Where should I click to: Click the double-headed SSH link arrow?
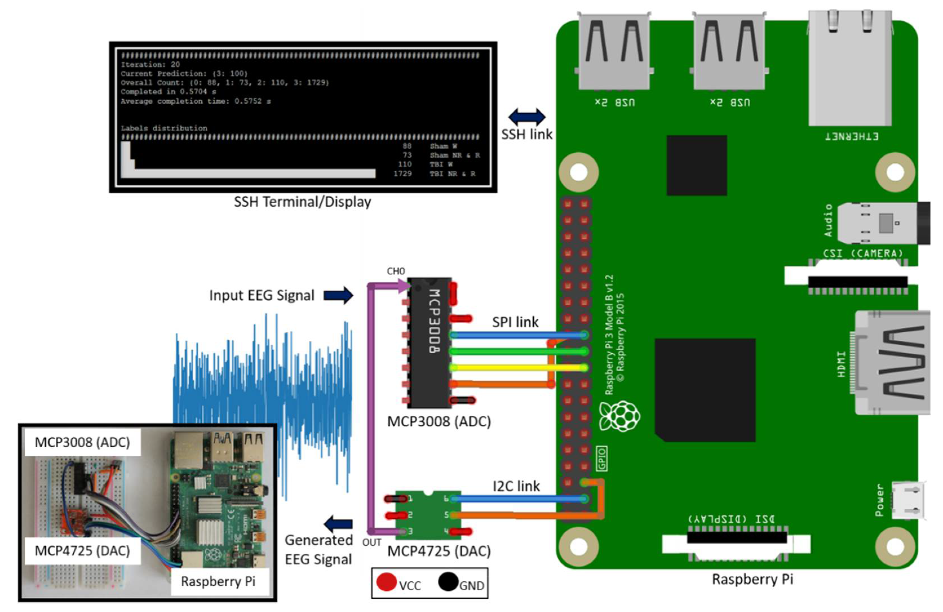(x=527, y=117)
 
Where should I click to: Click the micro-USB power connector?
(x=909, y=500)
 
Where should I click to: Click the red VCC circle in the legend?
(x=386, y=582)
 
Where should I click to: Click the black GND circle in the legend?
(x=448, y=582)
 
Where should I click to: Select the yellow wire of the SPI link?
(x=515, y=368)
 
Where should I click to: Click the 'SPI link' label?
(x=515, y=322)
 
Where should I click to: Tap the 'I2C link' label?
(x=516, y=486)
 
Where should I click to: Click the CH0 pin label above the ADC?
(x=395, y=271)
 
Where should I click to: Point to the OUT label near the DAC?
(x=372, y=542)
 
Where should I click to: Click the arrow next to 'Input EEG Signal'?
(x=338, y=295)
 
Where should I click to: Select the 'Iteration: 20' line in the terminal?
(x=150, y=64)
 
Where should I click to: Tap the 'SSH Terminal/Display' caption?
(x=302, y=202)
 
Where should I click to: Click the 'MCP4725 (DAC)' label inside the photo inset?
(x=83, y=551)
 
